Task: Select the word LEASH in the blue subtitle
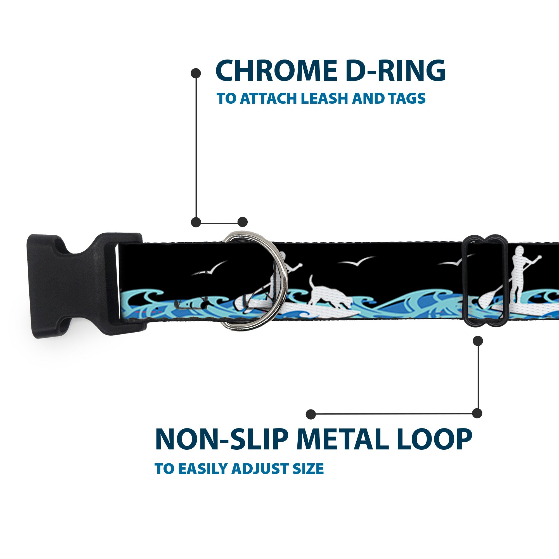324,98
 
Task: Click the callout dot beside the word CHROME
196,73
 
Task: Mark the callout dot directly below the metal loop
478,341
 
